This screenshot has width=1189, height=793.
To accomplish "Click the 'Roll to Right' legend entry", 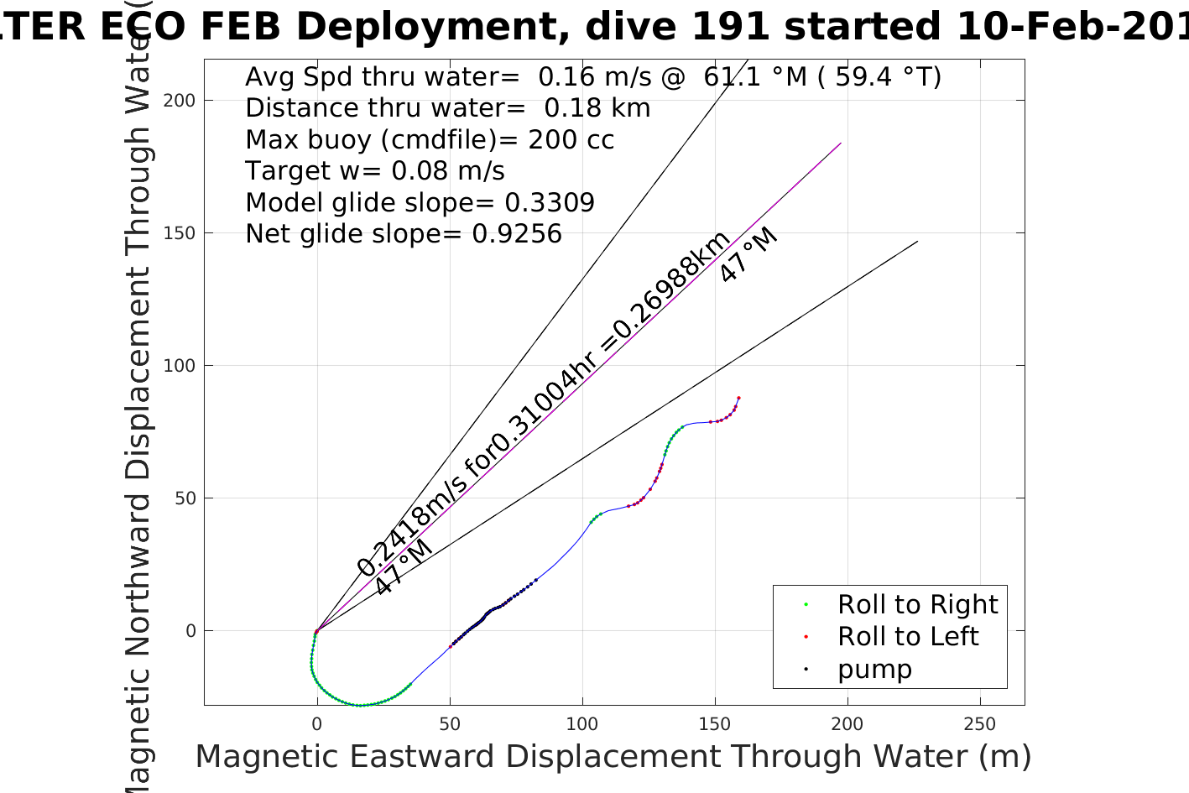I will pos(917,604).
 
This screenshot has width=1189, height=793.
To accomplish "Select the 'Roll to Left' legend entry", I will pos(907,636).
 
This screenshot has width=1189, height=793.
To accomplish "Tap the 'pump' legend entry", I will pos(873,669).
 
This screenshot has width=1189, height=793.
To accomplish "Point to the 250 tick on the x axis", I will pos(980,724).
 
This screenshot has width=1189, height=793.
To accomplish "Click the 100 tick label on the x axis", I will pos(582,724).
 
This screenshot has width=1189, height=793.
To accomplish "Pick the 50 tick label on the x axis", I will pos(450,724).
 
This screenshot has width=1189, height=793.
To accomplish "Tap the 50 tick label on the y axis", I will pos(183,498).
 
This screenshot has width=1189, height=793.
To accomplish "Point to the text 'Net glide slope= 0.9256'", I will pos(404,234).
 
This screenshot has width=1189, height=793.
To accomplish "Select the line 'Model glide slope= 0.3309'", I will pos(420,202).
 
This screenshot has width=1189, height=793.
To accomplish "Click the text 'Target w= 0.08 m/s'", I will pos(375,171).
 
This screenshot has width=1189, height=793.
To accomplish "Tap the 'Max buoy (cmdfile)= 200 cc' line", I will pos(430,139).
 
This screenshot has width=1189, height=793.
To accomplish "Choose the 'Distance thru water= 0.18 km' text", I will pos(447,108).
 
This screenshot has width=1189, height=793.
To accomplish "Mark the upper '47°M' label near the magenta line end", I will pos(749,254).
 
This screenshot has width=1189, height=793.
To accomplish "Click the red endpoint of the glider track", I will pos(738,398).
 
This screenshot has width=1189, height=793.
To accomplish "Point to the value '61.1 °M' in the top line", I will pos(755,77).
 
